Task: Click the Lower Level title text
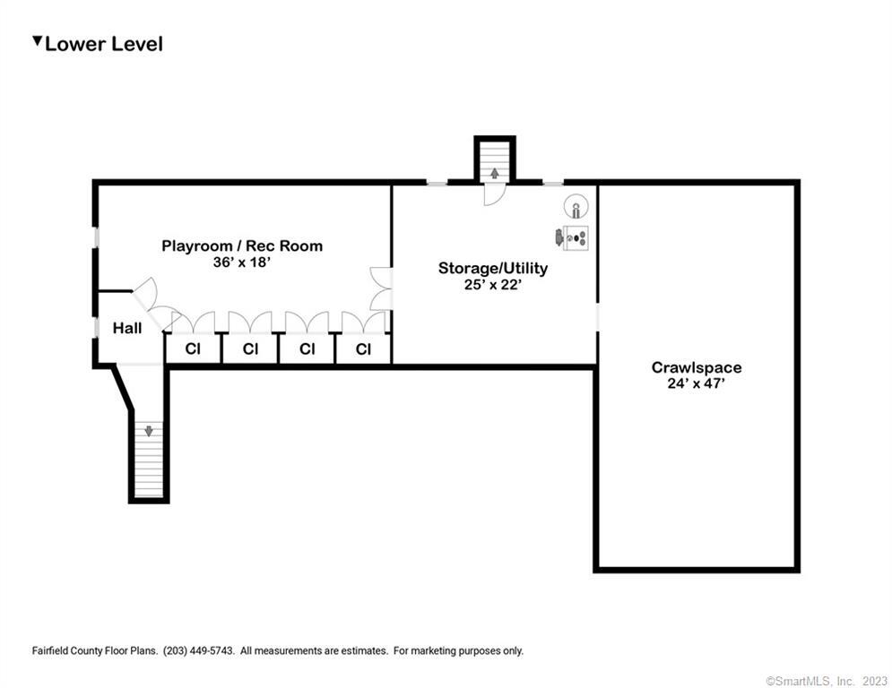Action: [104, 45]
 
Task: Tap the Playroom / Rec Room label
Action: [242, 245]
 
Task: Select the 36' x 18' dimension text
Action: [242, 262]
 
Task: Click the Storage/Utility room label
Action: [493, 268]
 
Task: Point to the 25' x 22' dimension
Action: [493, 284]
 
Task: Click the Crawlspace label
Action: [697, 367]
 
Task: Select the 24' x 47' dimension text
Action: [697, 383]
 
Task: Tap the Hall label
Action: [127, 328]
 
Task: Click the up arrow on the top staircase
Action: [495, 173]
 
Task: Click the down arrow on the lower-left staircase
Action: [149, 431]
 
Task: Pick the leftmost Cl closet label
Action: [193, 348]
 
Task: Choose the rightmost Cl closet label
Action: [363, 348]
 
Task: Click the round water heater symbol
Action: [576, 206]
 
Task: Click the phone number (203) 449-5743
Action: [198, 650]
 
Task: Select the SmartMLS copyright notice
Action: [827, 681]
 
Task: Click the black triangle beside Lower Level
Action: [38, 41]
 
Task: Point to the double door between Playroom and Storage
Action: [381, 288]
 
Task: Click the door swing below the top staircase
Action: [494, 194]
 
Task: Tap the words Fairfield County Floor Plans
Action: [95, 650]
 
